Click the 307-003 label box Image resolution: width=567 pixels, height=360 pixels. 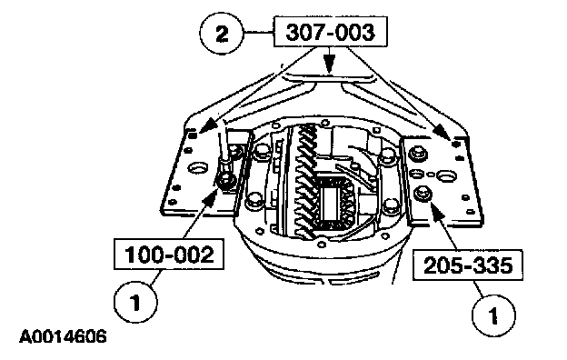tap(331, 32)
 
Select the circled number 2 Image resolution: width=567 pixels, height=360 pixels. tap(222, 34)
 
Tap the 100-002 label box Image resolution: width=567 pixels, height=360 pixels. tap(169, 254)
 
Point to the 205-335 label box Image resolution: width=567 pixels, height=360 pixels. tap(468, 265)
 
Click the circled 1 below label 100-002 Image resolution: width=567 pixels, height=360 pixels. tap(135, 302)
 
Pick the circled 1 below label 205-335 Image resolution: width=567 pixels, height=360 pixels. tap(494, 315)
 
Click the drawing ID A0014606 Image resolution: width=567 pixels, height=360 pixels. tap(63, 336)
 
